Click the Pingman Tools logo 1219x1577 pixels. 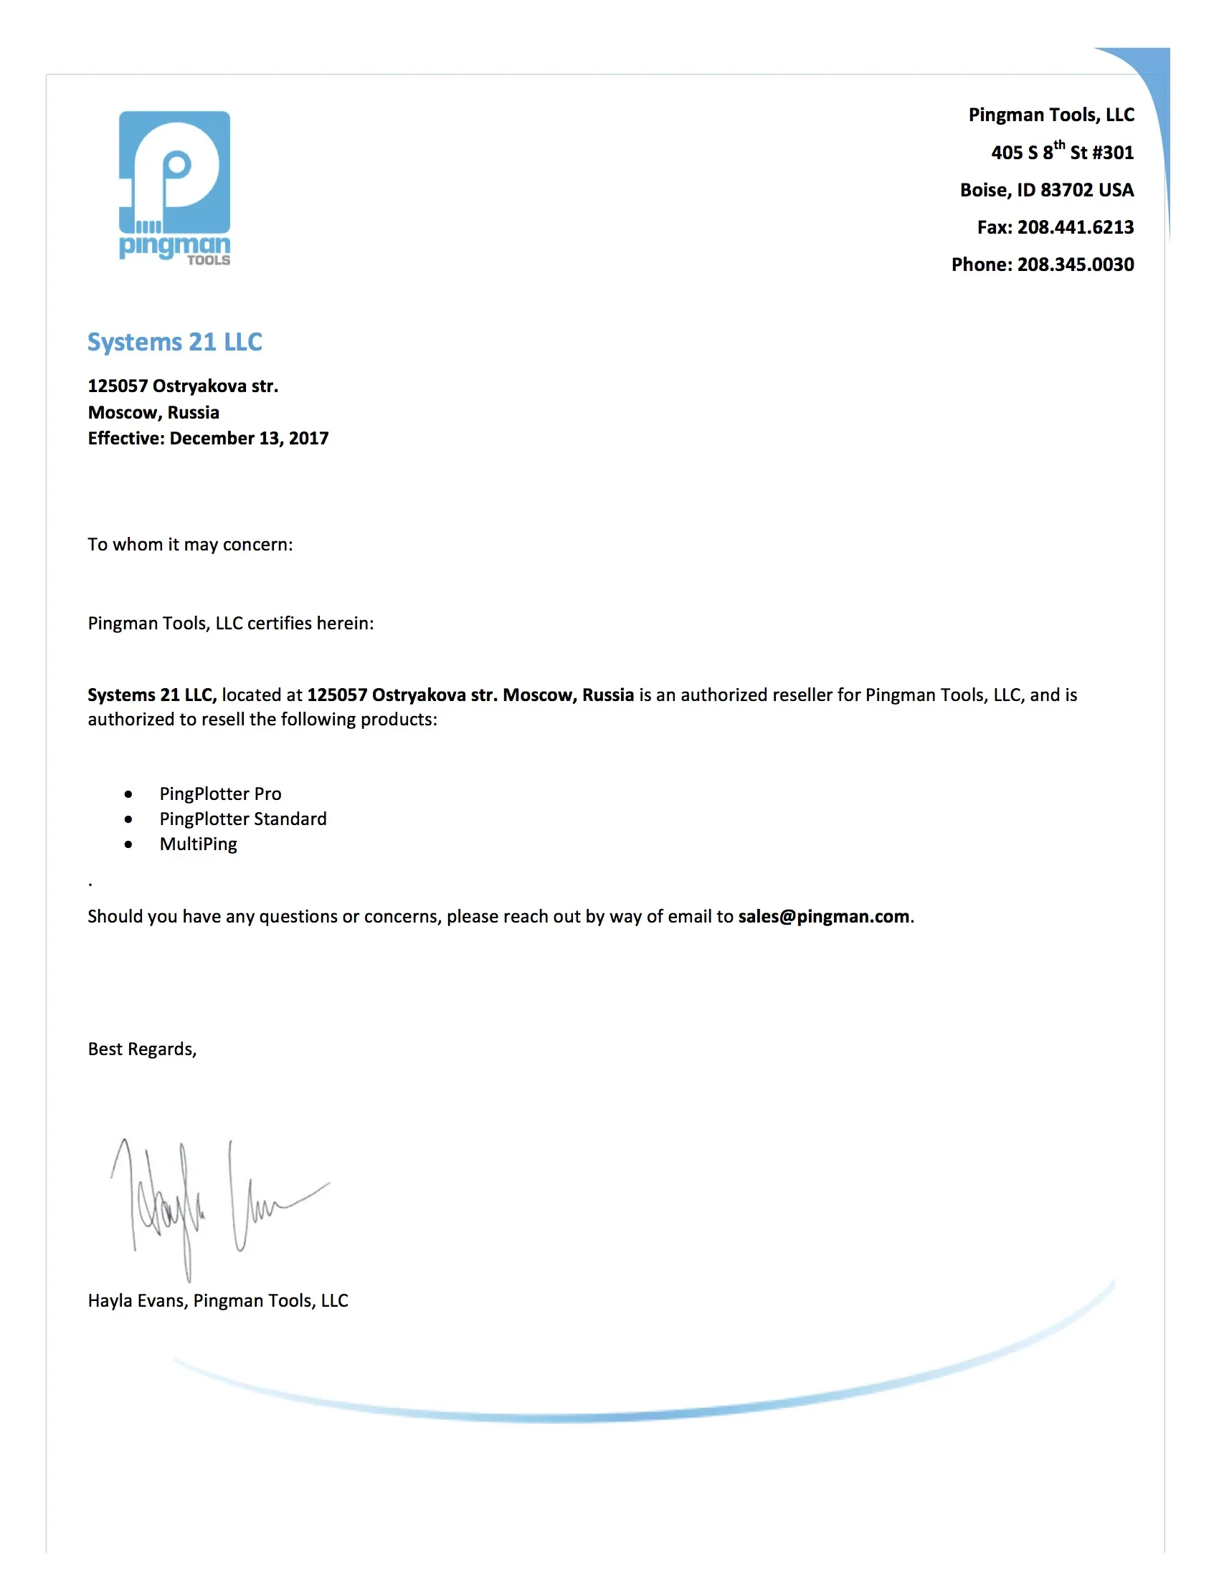pyautogui.click(x=175, y=188)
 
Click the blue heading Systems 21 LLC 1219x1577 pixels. pyautogui.click(x=175, y=341)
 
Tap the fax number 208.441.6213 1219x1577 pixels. pyautogui.click(x=1076, y=227)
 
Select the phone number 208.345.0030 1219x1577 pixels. pyautogui.click(x=1076, y=265)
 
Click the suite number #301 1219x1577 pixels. pyautogui.click(x=1113, y=153)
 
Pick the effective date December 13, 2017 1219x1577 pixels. pyautogui.click(x=249, y=438)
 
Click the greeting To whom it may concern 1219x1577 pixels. pyautogui.click(x=190, y=545)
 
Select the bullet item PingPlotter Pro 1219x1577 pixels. pyautogui.click(x=220, y=794)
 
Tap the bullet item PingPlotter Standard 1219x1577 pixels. pyautogui.click(x=242, y=819)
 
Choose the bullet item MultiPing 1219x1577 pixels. pyautogui.click(x=198, y=844)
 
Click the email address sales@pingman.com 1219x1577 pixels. pyautogui.click(x=823, y=916)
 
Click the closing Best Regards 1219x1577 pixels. pyautogui.click(x=142, y=1049)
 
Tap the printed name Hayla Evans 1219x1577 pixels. pyautogui.click(x=137, y=1300)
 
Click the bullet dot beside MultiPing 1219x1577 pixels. pyautogui.click(x=128, y=844)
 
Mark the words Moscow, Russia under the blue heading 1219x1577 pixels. pyautogui.click(x=153, y=412)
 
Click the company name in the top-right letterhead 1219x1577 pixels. pyautogui.click(x=1050, y=115)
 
